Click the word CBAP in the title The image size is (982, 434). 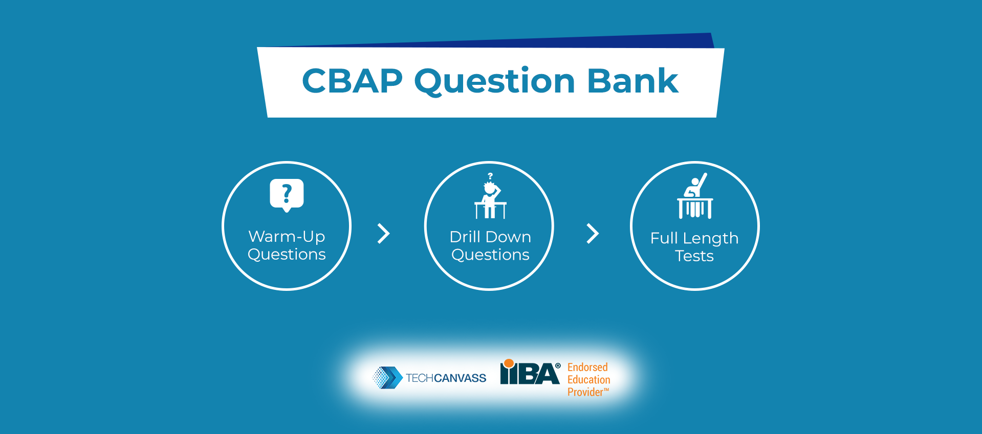[353, 81]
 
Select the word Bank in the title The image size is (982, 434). [633, 80]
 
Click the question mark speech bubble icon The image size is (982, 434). [287, 195]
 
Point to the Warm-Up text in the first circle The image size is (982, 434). [287, 236]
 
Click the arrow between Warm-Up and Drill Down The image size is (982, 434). [384, 234]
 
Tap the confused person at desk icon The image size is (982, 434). [490, 196]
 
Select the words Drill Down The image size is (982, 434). [490, 237]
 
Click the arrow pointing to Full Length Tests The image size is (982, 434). [593, 234]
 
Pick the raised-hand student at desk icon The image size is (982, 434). [695, 196]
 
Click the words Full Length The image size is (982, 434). [694, 239]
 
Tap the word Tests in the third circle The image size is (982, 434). [694, 256]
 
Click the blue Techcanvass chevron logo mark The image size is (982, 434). [387, 378]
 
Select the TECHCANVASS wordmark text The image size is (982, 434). [446, 378]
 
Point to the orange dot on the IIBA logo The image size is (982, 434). [509, 363]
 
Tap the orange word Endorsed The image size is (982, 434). [587, 367]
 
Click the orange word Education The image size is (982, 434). [589, 380]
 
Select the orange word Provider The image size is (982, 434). [585, 392]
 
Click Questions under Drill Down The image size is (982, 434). [490, 255]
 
